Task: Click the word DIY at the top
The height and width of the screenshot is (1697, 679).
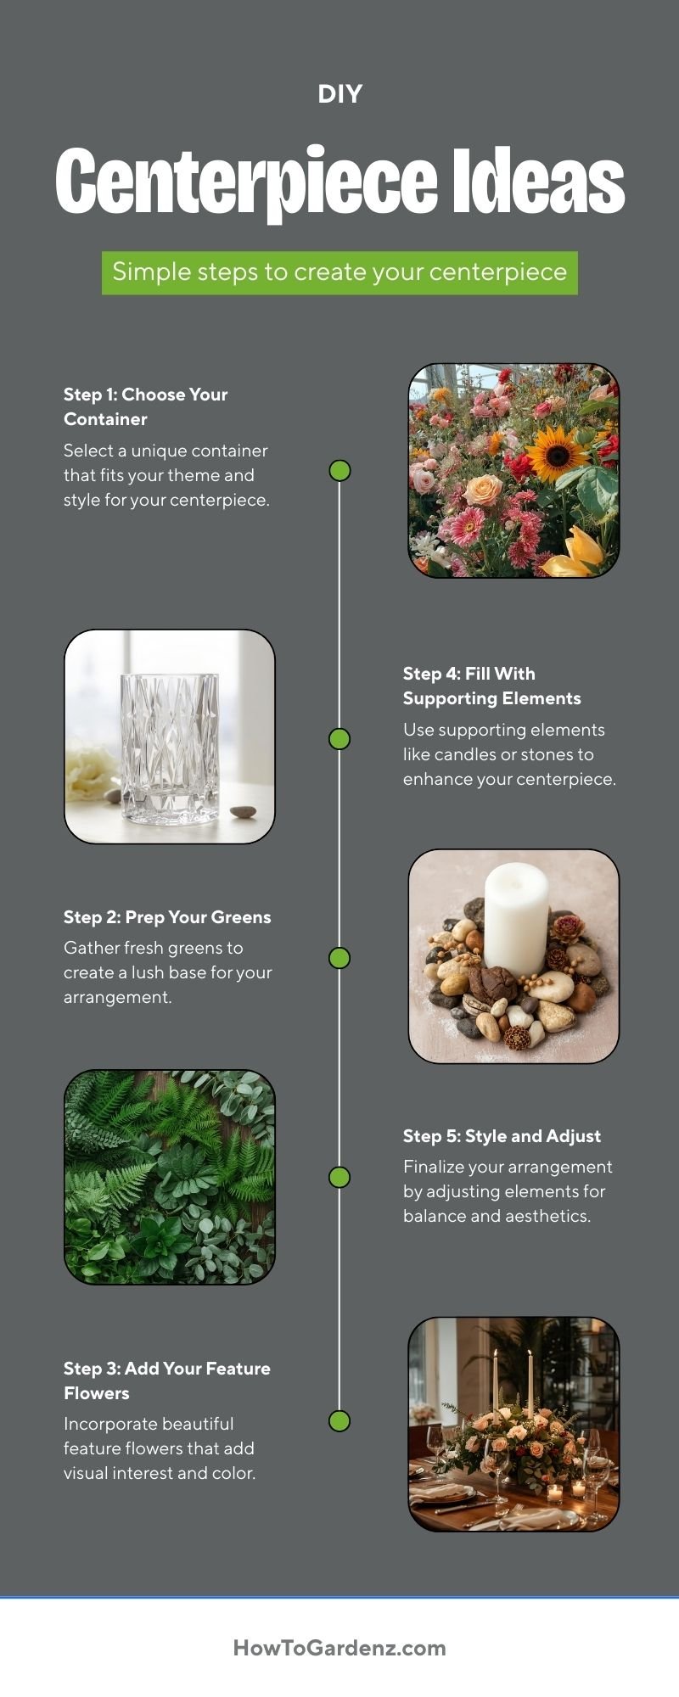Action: pos(339,94)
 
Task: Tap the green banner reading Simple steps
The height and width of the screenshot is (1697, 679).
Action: pos(339,272)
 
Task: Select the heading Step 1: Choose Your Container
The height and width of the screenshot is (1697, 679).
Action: pos(146,406)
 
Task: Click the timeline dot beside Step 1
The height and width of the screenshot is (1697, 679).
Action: pos(339,470)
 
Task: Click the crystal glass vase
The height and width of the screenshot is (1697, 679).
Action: pos(169,748)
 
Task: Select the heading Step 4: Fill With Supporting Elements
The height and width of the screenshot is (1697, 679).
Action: pos(491,686)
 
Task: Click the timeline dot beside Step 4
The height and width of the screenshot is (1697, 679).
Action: pos(339,739)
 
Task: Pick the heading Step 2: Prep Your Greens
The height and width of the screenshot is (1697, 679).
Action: pos(167,917)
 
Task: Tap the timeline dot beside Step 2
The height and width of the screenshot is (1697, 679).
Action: pos(339,958)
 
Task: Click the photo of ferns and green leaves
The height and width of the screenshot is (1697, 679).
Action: pos(169,1176)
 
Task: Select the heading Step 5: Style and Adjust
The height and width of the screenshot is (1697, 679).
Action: pos(502,1136)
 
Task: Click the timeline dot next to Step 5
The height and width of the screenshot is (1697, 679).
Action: pos(339,1177)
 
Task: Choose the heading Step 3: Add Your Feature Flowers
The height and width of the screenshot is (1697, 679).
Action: pos(166,1381)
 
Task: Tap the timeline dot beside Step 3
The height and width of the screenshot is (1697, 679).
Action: pos(339,1420)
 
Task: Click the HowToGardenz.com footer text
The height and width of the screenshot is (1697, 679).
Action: pos(339,1648)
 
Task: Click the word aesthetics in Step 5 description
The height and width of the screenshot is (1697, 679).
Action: pos(548,1216)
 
